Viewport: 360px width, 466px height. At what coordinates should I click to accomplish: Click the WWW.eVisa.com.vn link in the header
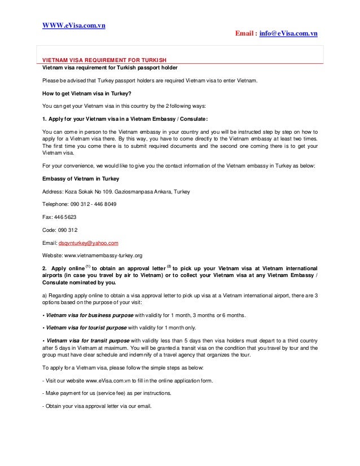(x=76, y=25)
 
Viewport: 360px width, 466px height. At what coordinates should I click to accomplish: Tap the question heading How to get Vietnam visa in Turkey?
(x=90, y=94)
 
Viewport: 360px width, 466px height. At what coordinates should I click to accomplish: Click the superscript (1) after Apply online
(x=88, y=265)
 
